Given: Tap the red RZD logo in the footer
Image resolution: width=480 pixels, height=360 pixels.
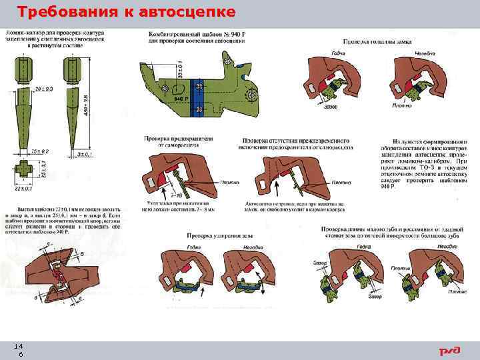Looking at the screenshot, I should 449,351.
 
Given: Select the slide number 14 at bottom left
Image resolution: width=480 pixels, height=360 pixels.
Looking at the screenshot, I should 19,347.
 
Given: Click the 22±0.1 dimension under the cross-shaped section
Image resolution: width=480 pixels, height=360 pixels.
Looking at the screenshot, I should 25,189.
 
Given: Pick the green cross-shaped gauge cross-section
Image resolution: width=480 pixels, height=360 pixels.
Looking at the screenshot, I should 24,171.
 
